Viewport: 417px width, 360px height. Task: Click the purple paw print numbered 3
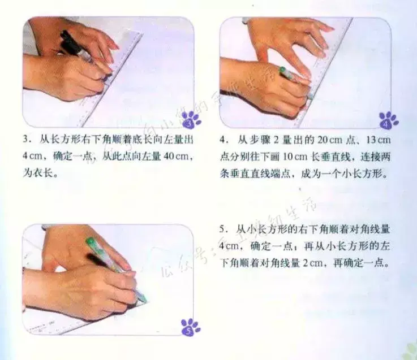(x=191, y=120)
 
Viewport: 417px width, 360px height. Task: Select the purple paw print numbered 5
(x=191, y=327)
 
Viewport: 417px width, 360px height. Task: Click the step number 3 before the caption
(x=26, y=139)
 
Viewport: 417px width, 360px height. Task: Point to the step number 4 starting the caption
(x=223, y=140)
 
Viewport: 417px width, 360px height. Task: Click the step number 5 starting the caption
(x=222, y=229)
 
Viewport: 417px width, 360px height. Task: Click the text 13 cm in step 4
(x=378, y=140)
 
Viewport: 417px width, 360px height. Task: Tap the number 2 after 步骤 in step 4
(x=276, y=140)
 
